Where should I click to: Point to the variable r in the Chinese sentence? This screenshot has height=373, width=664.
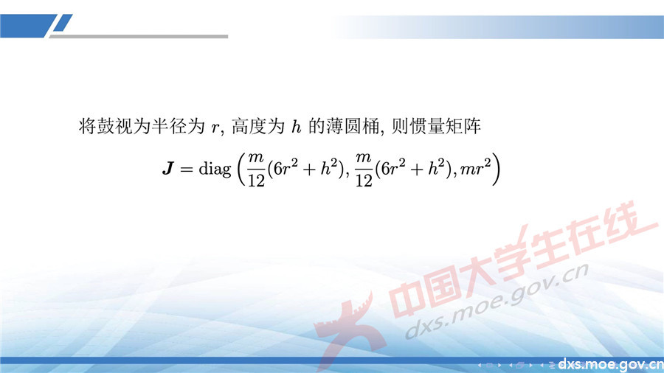215,128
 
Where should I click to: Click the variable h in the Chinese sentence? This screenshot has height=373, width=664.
297,127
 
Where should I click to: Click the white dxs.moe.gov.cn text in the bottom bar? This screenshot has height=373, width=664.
610,364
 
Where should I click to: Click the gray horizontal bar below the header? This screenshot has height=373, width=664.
148,35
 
